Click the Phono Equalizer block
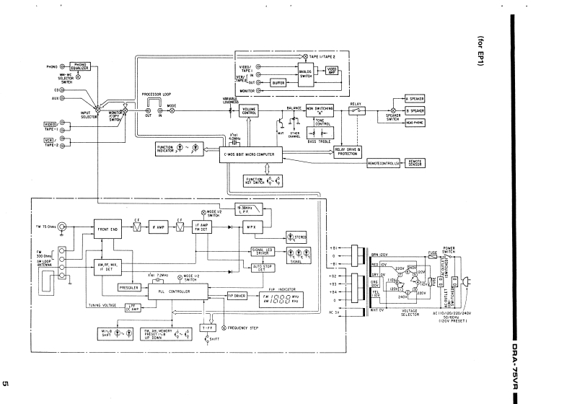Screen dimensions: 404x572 [x=79, y=67]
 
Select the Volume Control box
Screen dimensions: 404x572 [x=249, y=110]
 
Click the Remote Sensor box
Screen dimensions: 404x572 [x=415, y=163]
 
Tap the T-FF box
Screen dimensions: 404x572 [x=208, y=328]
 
